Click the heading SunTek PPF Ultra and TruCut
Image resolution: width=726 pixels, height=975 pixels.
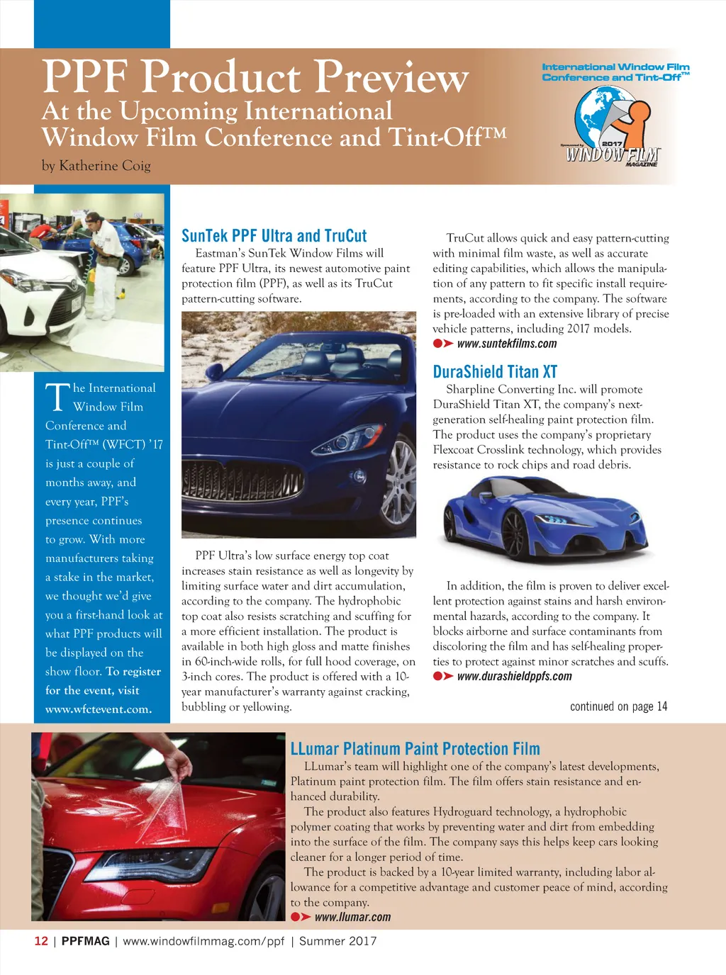[x=274, y=236]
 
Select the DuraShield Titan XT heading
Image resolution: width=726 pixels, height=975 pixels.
[x=495, y=372]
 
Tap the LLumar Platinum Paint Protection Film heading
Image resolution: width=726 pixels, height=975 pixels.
[x=415, y=749]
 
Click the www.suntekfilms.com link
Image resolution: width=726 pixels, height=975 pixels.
[x=506, y=344]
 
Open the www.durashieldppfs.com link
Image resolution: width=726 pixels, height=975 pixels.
[x=514, y=677]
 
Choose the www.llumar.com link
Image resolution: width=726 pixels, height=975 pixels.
[x=352, y=918]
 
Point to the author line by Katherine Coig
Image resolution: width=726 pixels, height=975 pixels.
[x=96, y=166]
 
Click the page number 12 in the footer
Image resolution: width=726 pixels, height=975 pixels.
[x=41, y=942]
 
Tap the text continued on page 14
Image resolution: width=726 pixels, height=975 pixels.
[x=618, y=706]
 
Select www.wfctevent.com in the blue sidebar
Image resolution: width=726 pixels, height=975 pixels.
[x=99, y=709]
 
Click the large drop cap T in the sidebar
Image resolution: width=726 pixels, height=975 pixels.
[x=57, y=398]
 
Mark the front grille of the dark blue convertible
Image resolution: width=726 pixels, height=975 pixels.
[x=241, y=484]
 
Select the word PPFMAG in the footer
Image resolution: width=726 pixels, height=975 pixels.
[x=85, y=942]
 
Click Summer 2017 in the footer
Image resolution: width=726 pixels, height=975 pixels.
[x=337, y=942]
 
